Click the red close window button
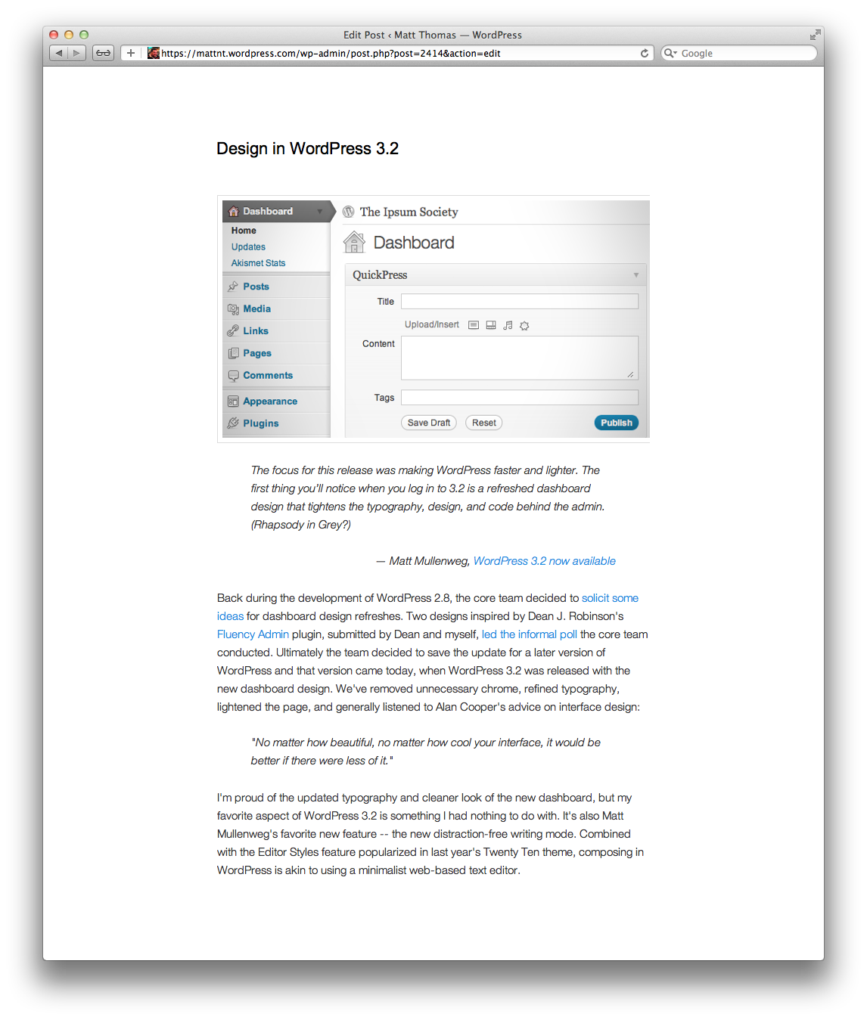(x=54, y=35)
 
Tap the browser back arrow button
(x=59, y=53)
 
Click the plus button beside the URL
(x=131, y=53)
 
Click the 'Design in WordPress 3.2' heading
(x=307, y=149)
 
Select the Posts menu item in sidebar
(x=256, y=287)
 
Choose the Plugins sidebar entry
(x=260, y=423)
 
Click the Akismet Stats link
(x=258, y=263)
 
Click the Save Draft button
(x=428, y=423)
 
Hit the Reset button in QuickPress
(x=484, y=423)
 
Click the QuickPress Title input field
(x=519, y=302)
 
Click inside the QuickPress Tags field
(x=519, y=398)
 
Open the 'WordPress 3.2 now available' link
(x=544, y=561)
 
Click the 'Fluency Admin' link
(x=253, y=634)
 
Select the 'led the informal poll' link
(x=529, y=634)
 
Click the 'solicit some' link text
(x=610, y=598)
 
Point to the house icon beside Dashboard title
(x=353, y=243)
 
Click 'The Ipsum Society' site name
(x=409, y=212)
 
